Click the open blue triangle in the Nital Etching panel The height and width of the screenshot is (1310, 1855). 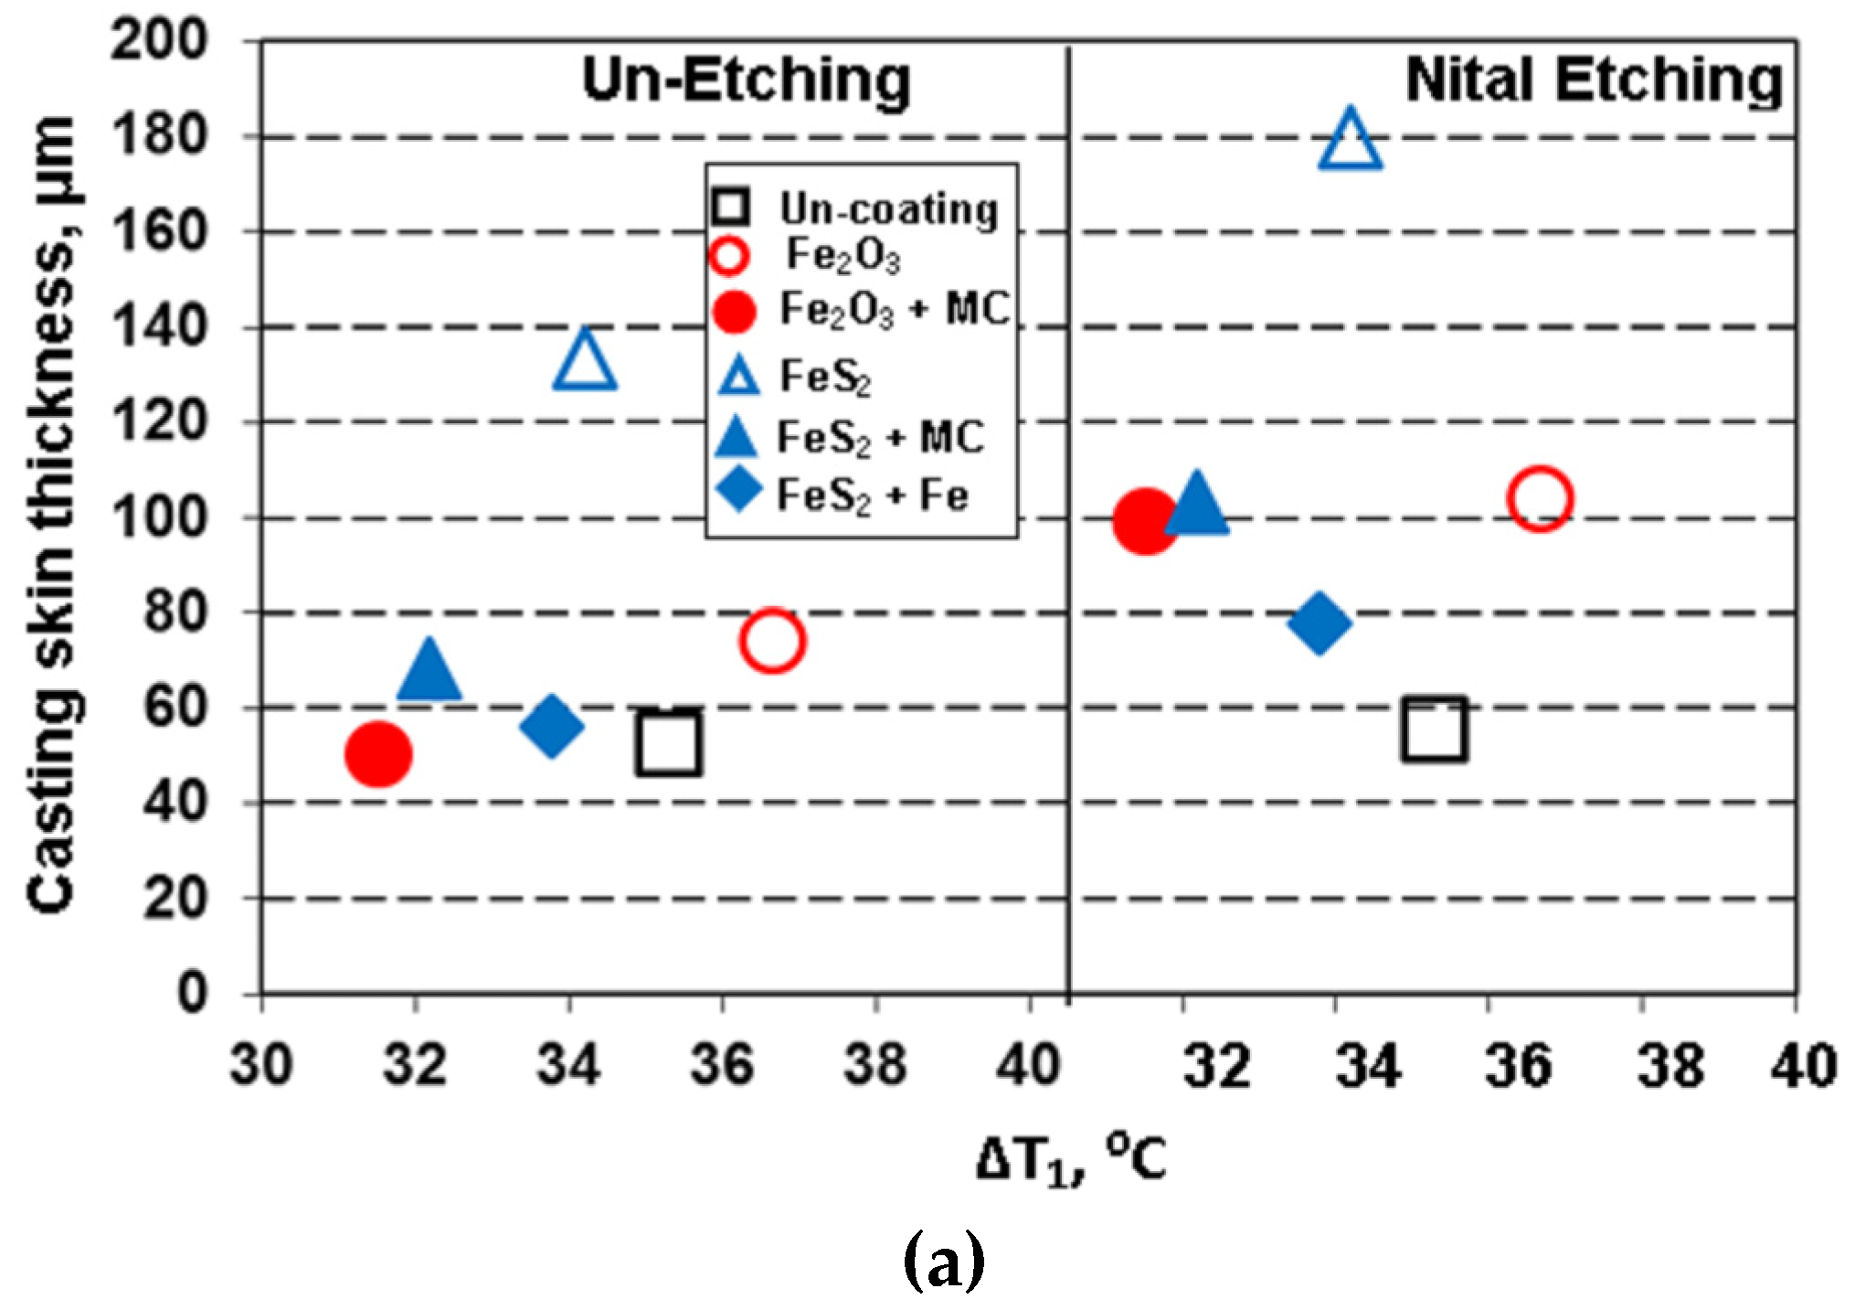[1351, 143]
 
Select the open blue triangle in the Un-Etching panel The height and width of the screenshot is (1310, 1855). [585, 362]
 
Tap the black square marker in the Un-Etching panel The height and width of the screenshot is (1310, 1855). [669, 743]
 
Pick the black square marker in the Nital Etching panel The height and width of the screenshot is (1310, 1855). [1435, 729]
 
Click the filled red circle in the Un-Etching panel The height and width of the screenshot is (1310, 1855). [378, 754]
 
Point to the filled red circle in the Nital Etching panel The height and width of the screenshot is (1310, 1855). [1145, 520]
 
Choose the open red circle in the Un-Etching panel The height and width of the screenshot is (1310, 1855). [772, 640]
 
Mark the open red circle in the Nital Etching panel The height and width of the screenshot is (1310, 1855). [1540, 498]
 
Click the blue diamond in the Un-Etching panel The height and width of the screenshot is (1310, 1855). [551, 726]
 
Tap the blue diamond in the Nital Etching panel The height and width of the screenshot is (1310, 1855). [1319, 623]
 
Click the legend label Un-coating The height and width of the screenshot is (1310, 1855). [888, 209]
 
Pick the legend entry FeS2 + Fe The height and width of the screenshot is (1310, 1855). [872, 496]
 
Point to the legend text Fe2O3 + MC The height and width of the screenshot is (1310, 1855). [894, 310]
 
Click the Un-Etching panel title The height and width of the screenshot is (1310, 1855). [747, 80]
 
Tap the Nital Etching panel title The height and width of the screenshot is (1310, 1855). [1594, 80]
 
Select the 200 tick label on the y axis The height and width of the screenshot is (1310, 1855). [160, 40]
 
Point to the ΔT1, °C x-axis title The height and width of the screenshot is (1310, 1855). [1071, 1158]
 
